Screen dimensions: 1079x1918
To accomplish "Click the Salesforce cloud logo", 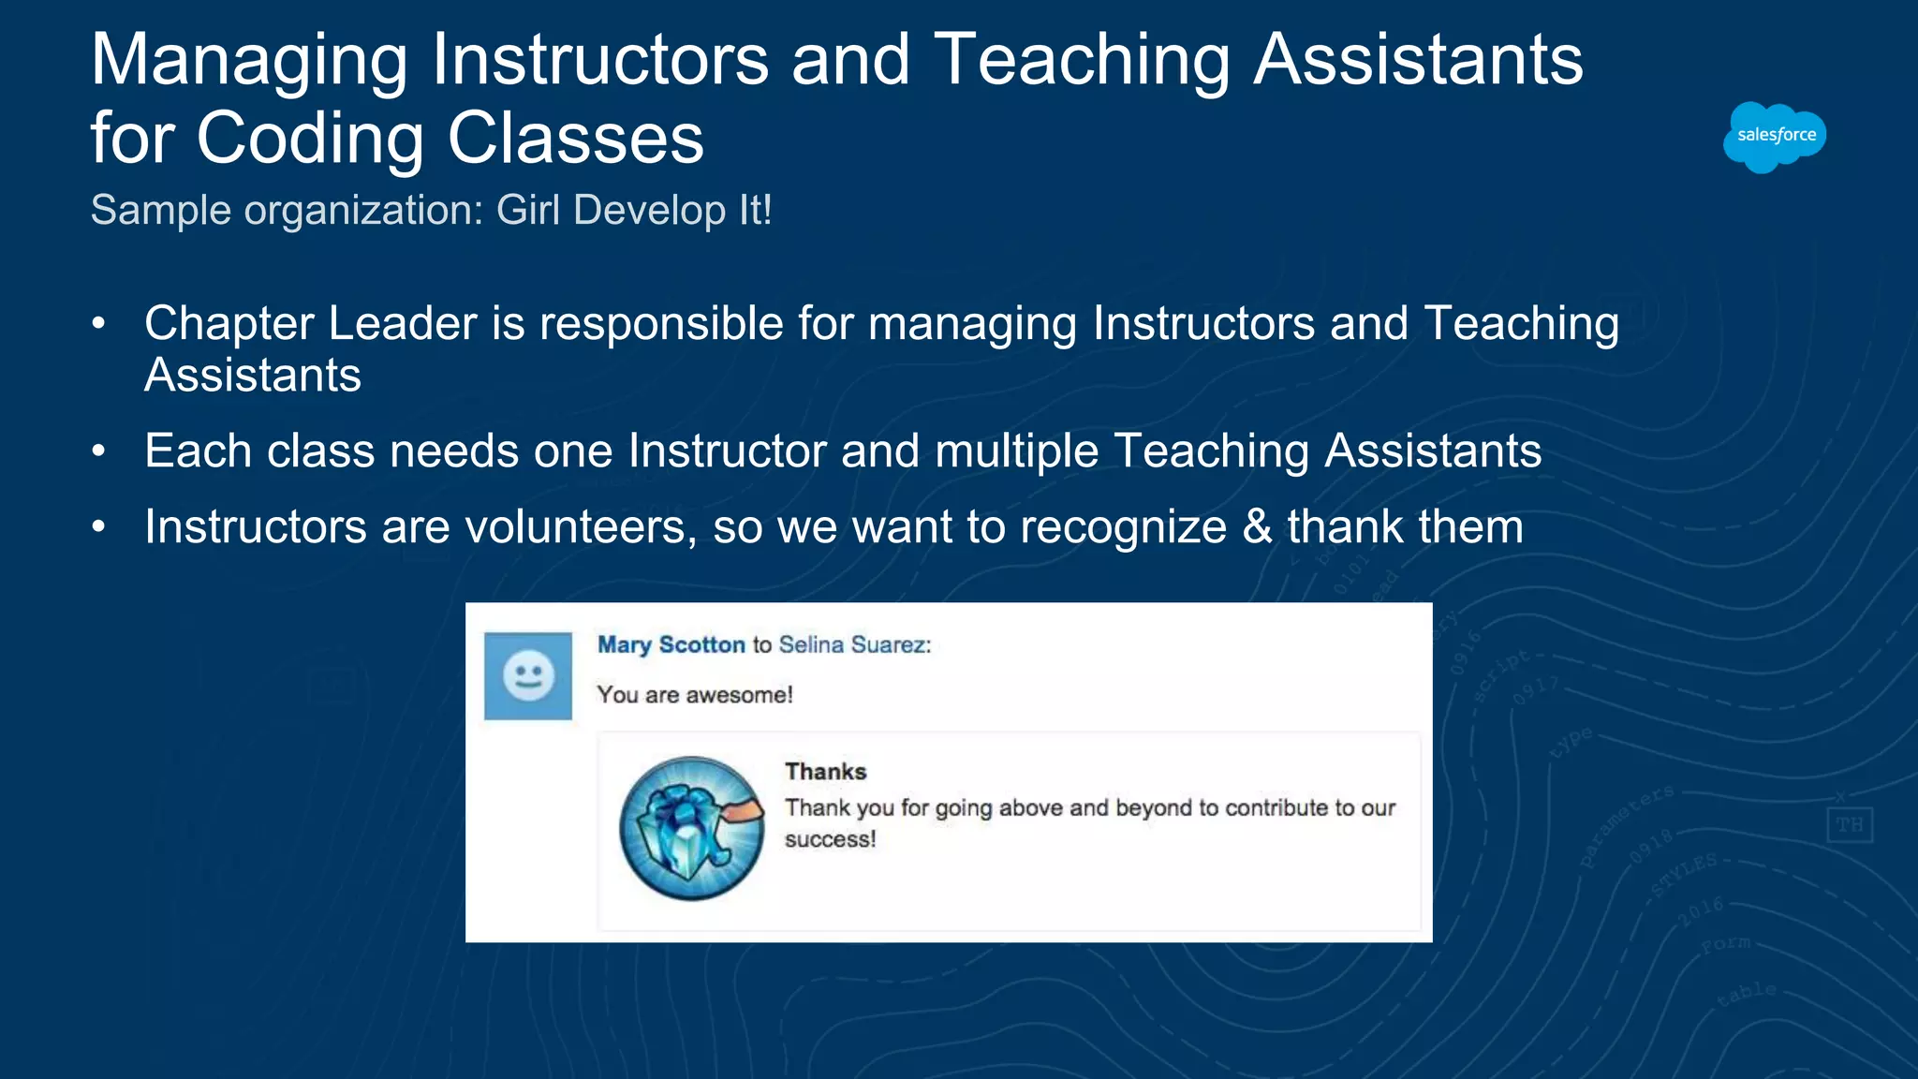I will coord(1775,137).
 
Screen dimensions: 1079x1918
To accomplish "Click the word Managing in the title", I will coord(249,60).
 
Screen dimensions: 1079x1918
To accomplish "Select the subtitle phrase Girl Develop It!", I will coord(634,210).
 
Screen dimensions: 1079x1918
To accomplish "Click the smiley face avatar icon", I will coord(528,675).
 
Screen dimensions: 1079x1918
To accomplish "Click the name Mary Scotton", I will coord(671,644).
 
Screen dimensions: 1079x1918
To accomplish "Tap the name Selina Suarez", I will coord(853,644).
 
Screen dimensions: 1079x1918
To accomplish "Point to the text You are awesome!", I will coord(695,695).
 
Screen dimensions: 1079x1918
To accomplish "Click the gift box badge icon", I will coord(692,829).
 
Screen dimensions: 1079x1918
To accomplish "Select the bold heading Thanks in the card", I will coord(825,772).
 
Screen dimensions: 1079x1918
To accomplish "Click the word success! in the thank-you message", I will coord(830,840).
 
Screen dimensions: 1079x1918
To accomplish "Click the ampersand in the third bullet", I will coord(1257,527).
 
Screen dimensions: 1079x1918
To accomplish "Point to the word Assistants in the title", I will coord(1418,60).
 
